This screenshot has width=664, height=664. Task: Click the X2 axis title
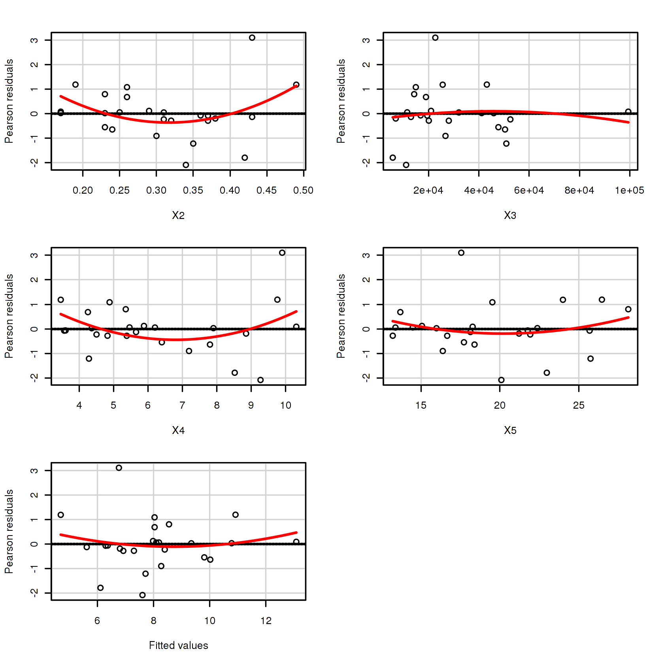click(178, 215)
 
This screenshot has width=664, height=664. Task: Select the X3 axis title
click(510, 215)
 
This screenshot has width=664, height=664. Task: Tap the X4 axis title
click(178, 430)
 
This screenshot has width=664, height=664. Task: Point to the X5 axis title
click(510, 430)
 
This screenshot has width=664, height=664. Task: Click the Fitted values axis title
click(178, 645)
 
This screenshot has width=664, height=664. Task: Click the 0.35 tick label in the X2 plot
click(193, 191)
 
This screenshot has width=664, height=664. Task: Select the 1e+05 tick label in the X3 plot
click(629, 191)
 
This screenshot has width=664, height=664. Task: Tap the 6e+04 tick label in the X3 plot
click(529, 191)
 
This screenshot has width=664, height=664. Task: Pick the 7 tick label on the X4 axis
click(182, 406)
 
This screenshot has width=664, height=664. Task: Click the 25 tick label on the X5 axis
click(579, 406)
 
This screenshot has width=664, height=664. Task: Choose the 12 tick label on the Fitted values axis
click(266, 621)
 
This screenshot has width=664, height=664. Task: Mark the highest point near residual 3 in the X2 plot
click(252, 38)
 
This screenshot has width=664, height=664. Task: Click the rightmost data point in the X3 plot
click(628, 112)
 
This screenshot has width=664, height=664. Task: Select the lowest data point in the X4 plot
click(260, 380)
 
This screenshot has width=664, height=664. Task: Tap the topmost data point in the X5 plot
click(461, 253)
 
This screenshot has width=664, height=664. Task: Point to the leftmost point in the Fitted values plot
click(61, 515)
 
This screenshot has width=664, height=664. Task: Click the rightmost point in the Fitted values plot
click(296, 542)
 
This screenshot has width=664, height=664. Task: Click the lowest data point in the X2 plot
click(186, 165)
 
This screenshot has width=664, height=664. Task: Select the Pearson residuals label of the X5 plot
click(341, 316)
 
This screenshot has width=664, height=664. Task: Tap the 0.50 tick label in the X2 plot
click(303, 191)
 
